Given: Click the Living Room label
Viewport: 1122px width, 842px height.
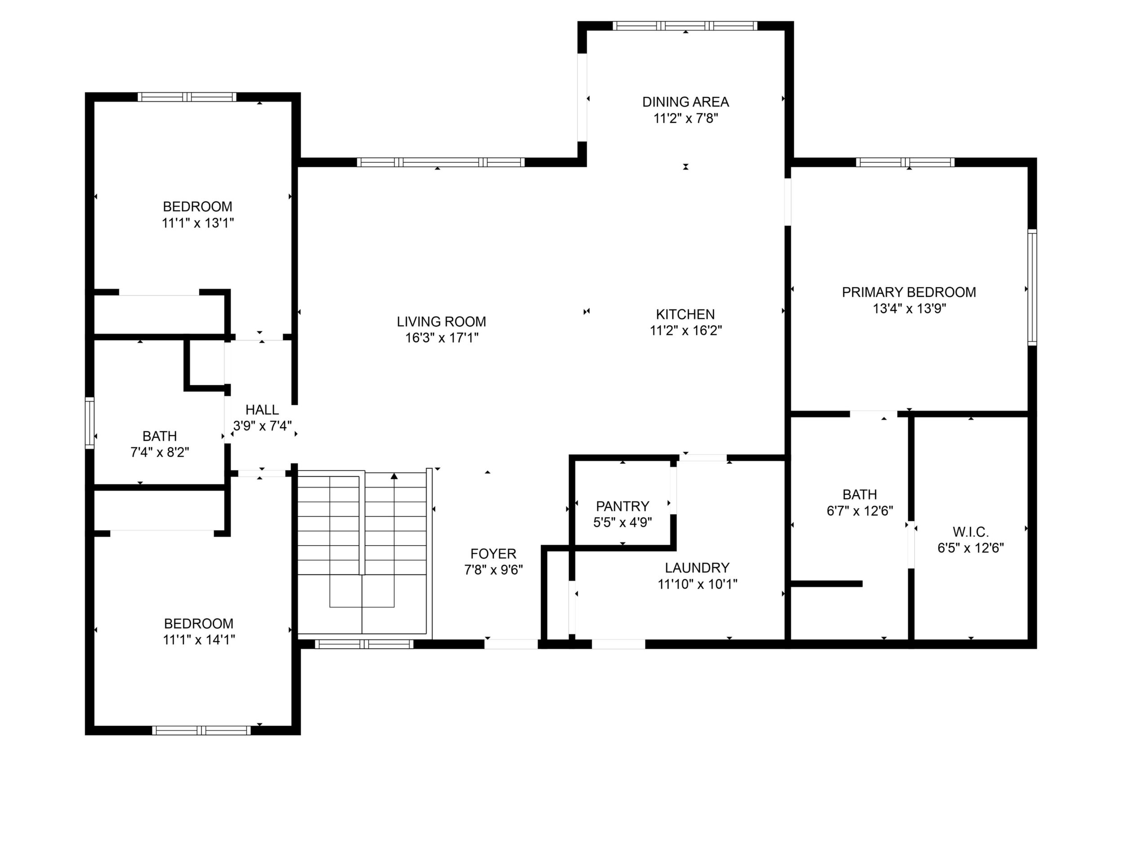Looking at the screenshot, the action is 441,322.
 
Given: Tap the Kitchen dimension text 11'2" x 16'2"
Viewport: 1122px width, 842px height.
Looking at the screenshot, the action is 686,331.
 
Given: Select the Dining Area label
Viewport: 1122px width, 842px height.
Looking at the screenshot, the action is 686,102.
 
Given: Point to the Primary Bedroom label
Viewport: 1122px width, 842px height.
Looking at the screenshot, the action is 909,292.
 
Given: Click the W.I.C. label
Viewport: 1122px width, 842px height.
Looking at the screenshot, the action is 971,533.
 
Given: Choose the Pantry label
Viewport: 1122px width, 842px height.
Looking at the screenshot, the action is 623,506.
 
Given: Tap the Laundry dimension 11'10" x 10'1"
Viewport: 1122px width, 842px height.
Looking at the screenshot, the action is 698,584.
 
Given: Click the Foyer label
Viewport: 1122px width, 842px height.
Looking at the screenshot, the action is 493,554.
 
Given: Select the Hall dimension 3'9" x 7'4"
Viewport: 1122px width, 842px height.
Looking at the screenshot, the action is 262,426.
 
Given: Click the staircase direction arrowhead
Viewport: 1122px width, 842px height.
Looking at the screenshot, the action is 394,476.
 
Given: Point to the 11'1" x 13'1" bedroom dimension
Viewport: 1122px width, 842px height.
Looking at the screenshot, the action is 198,223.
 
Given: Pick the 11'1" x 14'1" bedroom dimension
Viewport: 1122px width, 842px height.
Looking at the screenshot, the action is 199,640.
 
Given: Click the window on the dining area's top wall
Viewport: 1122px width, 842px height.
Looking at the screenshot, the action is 685,26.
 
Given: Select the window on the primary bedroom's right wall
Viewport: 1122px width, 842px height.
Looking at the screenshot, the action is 1032,287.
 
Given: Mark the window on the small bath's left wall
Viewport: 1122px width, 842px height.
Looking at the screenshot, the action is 89,423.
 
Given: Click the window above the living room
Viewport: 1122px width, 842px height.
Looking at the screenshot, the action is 441,162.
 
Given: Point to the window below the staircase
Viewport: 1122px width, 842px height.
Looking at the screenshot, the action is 364,644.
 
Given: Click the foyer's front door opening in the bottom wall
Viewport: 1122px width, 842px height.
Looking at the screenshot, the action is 511,644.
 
